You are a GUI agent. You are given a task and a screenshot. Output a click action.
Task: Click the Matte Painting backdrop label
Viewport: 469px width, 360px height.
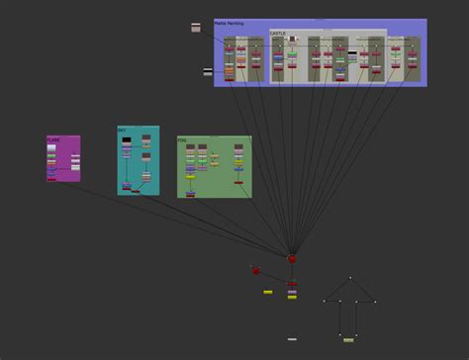(x=230, y=23)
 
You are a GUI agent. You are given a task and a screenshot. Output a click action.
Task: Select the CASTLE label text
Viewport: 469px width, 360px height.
(x=277, y=33)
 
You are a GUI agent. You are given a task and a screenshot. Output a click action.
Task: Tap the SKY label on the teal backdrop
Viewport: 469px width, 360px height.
(x=122, y=130)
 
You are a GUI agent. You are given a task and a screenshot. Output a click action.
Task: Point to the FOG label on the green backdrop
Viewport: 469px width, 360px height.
(x=182, y=140)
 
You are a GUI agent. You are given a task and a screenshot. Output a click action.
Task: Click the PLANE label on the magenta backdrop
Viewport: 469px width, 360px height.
(x=52, y=139)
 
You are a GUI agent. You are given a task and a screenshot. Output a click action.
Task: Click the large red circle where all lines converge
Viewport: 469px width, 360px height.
(x=292, y=259)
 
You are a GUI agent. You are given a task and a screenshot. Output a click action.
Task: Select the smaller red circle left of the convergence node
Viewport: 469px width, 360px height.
(x=255, y=270)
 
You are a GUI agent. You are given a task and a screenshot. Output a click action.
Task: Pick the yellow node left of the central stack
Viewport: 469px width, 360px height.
(x=267, y=292)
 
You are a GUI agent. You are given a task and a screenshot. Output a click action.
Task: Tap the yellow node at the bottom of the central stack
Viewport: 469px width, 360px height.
(x=292, y=297)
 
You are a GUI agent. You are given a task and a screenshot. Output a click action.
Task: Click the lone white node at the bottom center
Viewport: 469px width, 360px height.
(x=292, y=339)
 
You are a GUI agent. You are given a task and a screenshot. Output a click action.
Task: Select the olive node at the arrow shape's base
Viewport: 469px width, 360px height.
(x=348, y=339)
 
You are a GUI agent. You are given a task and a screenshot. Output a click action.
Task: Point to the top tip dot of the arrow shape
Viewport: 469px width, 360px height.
(x=350, y=278)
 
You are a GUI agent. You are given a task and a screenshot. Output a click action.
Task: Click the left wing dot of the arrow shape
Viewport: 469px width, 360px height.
(x=324, y=301)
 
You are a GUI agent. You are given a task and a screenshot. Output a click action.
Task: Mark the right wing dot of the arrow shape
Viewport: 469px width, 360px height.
(x=375, y=301)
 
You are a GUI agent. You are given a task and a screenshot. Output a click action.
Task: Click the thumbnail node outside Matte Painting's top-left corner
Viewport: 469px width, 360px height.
(x=196, y=28)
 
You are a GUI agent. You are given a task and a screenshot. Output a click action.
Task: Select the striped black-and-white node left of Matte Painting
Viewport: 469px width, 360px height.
(x=208, y=71)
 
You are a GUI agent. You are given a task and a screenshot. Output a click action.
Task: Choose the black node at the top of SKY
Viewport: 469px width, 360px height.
(x=127, y=140)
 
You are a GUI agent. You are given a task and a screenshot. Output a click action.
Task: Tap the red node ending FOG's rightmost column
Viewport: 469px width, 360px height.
(x=238, y=182)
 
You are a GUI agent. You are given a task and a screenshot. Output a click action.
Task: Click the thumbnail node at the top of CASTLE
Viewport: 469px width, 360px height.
(x=293, y=39)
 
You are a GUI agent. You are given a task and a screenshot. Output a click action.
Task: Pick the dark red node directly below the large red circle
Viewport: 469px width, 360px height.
(x=292, y=284)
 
